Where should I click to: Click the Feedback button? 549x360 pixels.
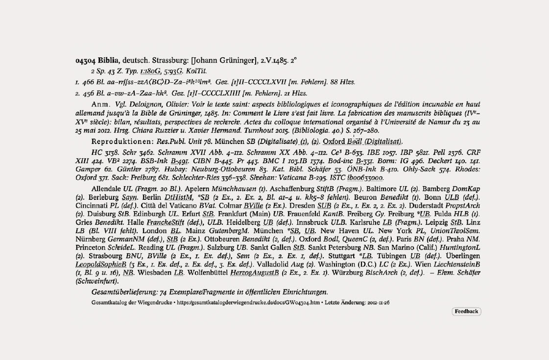click(466, 312)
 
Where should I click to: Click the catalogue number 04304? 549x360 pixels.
click(85, 61)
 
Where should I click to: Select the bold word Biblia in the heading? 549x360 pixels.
click(108, 61)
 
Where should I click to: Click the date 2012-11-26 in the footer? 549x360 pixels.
click(378, 303)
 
